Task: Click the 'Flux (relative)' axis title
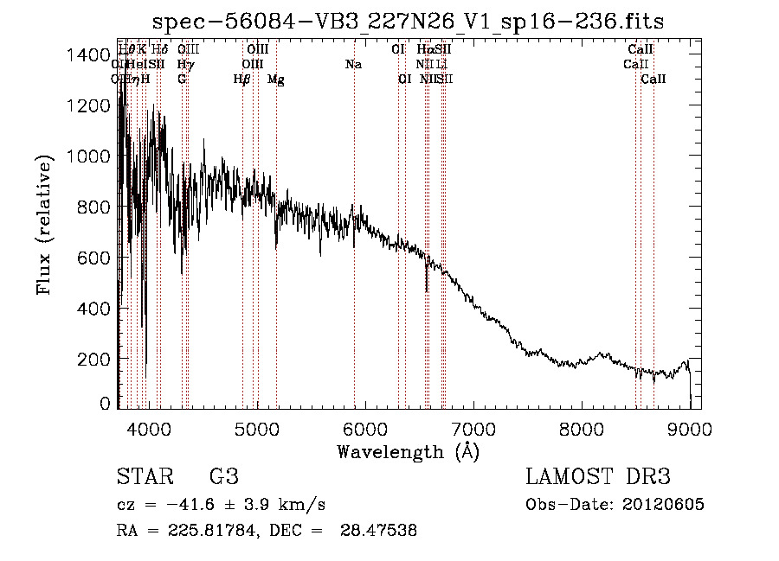pos(45,225)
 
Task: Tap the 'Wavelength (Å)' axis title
pos(408,451)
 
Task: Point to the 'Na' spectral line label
pos(353,65)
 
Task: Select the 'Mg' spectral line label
pos(275,80)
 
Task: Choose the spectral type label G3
pos(223,477)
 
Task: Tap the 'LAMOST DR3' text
pos(598,477)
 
